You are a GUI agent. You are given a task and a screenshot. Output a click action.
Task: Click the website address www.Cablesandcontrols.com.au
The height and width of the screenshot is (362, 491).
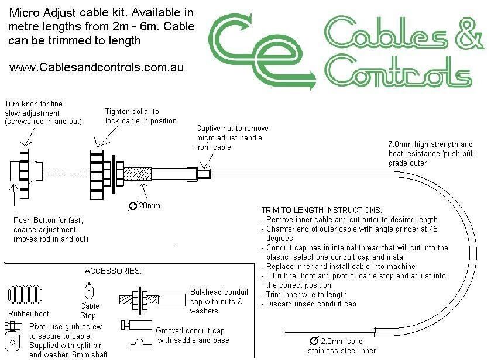tap(97, 67)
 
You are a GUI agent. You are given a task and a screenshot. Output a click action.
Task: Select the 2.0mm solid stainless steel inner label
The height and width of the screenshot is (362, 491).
tap(342, 346)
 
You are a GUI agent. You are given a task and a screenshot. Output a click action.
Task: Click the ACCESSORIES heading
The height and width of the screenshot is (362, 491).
tap(112, 271)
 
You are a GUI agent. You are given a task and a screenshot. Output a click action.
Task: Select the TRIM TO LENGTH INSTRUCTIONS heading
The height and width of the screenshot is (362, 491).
tap(321, 210)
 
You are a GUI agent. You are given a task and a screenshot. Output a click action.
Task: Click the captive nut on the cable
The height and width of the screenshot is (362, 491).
tap(202, 173)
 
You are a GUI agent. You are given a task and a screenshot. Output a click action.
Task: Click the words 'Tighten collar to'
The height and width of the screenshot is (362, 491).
tap(132, 111)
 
